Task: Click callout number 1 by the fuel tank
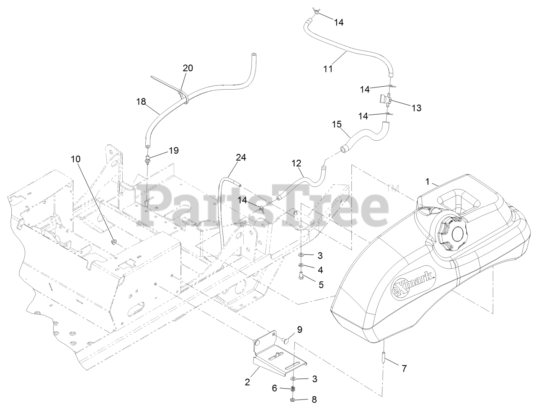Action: (428, 182)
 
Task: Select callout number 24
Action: (241, 158)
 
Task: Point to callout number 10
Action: (76, 159)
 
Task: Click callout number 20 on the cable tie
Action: (188, 68)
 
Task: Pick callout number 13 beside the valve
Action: (416, 108)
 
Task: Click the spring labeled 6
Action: (293, 389)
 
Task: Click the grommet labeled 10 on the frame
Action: (114, 242)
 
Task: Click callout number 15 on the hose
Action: (337, 124)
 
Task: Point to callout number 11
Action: (328, 69)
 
